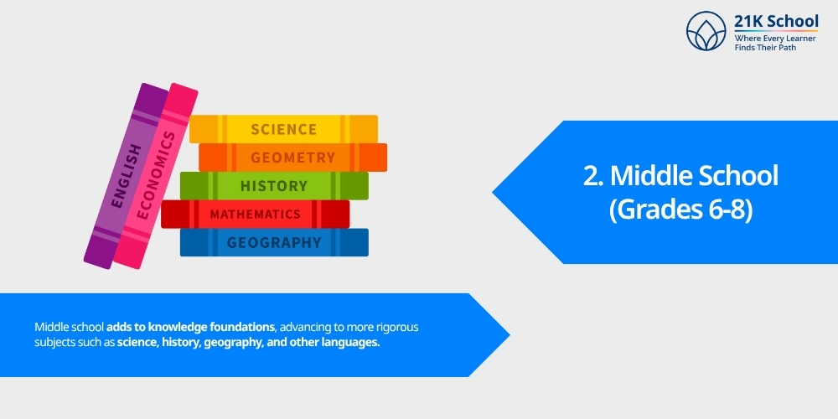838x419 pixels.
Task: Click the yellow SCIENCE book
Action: pyautogui.click(x=284, y=129)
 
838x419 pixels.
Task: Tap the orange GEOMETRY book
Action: pyautogui.click(x=292, y=158)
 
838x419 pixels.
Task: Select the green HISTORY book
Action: pyautogui.click(x=274, y=185)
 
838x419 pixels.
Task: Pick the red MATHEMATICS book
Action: pyautogui.click(x=256, y=214)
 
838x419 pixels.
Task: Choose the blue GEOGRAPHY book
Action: pyautogui.click(x=274, y=242)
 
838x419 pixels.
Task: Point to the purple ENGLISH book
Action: pyautogui.click(x=127, y=176)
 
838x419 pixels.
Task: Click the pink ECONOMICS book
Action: pyautogui.click(x=155, y=176)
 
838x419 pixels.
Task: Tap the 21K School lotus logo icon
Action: pyautogui.click(x=706, y=31)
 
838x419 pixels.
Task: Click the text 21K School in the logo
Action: pyautogui.click(x=776, y=22)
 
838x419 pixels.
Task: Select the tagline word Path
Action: pyautogui.click(x=786, y=48)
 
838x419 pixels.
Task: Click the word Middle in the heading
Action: pyautogui.click(x=649, y=176)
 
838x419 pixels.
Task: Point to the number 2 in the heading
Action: pyautogui.click(x=591, y=176)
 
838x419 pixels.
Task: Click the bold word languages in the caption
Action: pyautogui.click(x=350, y=343)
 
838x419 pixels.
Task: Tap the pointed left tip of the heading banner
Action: pyautogui.click(x=493, y=193)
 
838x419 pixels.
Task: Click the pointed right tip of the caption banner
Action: pyautogui.click(x=510, y=335)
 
